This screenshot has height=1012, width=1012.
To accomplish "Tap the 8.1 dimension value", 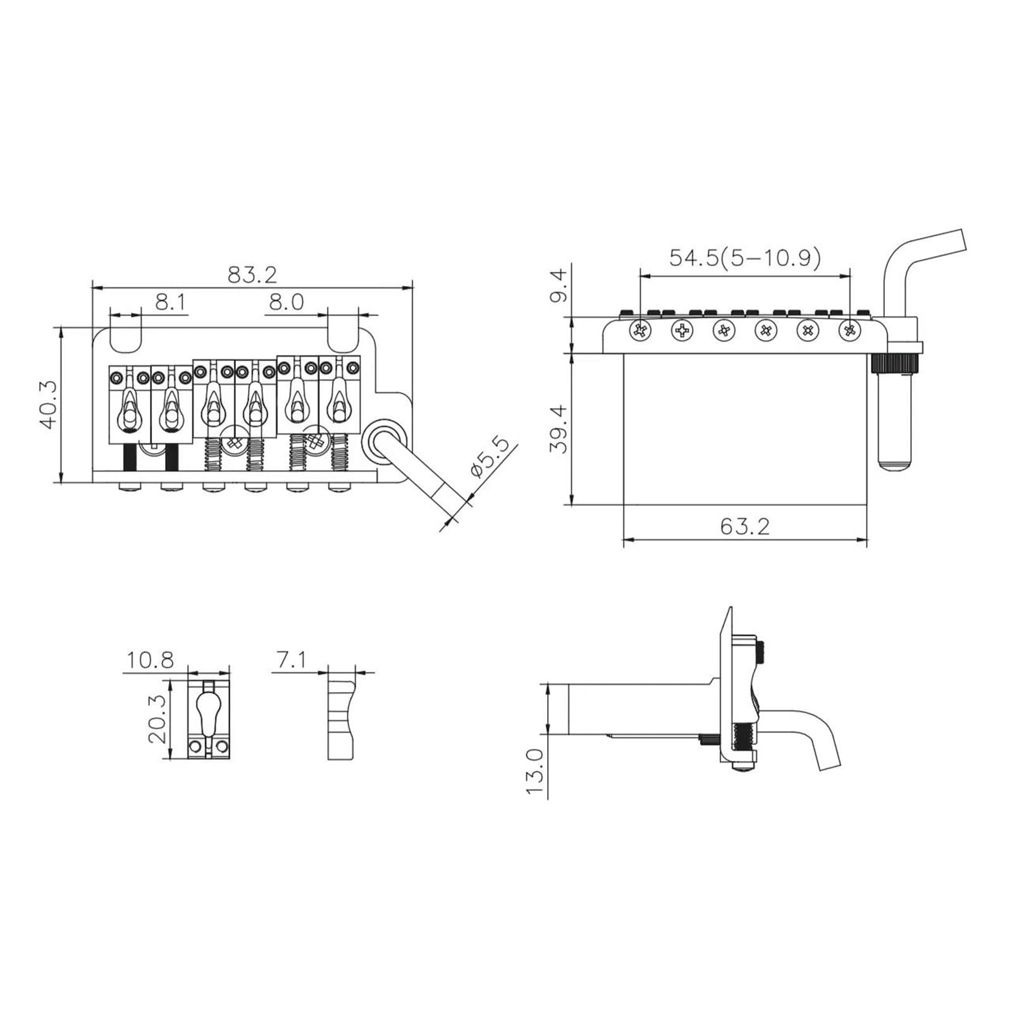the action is pyautogui.click(x=171, y=302).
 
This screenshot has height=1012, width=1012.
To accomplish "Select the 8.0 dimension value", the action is pyautogui.click(x=287, y=302).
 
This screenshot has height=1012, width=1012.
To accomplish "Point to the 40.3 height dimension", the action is pyautogui.click(x=49, y=405).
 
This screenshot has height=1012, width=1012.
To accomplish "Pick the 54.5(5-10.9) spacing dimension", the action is pyautogui.click(x=745, y=257).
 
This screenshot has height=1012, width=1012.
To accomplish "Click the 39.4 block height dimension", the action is pyautogui.click(x=559, y=429).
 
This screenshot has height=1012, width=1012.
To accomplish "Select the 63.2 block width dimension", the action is pyautogui.click(x=745, y=526).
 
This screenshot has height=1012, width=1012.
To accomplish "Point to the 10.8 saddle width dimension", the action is pyautogui.click(x=150, y=660).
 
